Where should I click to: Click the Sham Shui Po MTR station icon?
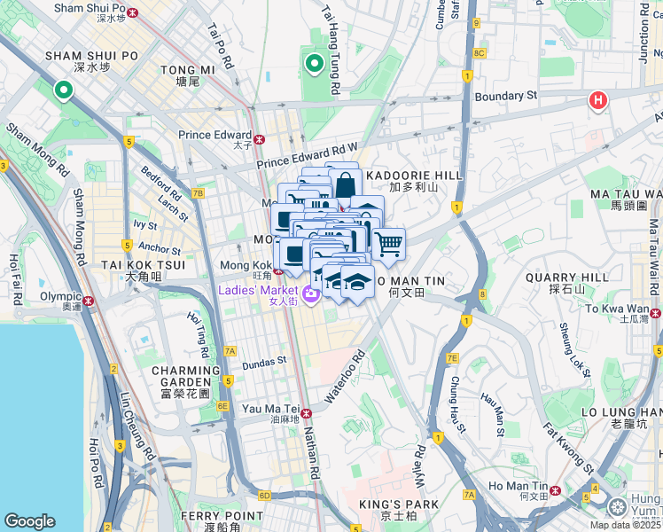tap(133, 13)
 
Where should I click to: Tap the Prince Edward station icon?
tap(260, 139)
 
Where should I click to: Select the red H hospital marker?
tap(598, 101)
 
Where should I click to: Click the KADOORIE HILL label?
tap(414, 176)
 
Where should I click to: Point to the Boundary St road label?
tap(507, 96)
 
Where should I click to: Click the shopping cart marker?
tap(388, 243)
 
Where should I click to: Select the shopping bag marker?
tap(345, 186)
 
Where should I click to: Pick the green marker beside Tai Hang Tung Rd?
tap(314, 64)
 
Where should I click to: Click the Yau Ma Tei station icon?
tap(307, 413)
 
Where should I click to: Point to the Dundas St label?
tap(264, 361)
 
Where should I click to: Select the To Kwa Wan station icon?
tap(656, 312)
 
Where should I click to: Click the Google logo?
tap(29, 520)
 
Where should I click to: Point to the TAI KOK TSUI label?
tap(130, 264)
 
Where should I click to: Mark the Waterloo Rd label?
tap(345, 378)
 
